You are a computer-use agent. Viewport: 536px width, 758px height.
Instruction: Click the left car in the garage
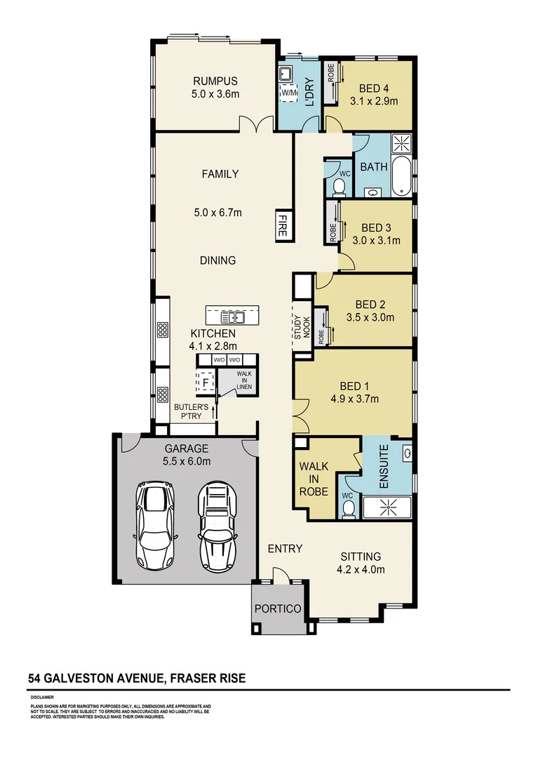coord(156,524)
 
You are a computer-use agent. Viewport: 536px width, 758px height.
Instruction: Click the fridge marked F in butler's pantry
coord(206,383)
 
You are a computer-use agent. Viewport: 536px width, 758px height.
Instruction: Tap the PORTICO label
coord(278,609)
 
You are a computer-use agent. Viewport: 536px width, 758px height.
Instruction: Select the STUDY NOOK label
coord(302,328)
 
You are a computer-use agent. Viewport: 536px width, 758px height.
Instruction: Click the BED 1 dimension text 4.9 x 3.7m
coord(355,399)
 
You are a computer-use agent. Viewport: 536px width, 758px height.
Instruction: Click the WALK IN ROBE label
coord(314,479)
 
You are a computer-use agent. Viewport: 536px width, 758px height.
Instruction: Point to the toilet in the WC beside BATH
coord(338,186)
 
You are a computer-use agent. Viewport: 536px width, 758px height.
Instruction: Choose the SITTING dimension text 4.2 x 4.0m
coord(361,570)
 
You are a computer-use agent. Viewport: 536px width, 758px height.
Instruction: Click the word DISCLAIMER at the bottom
coord(43,698)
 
